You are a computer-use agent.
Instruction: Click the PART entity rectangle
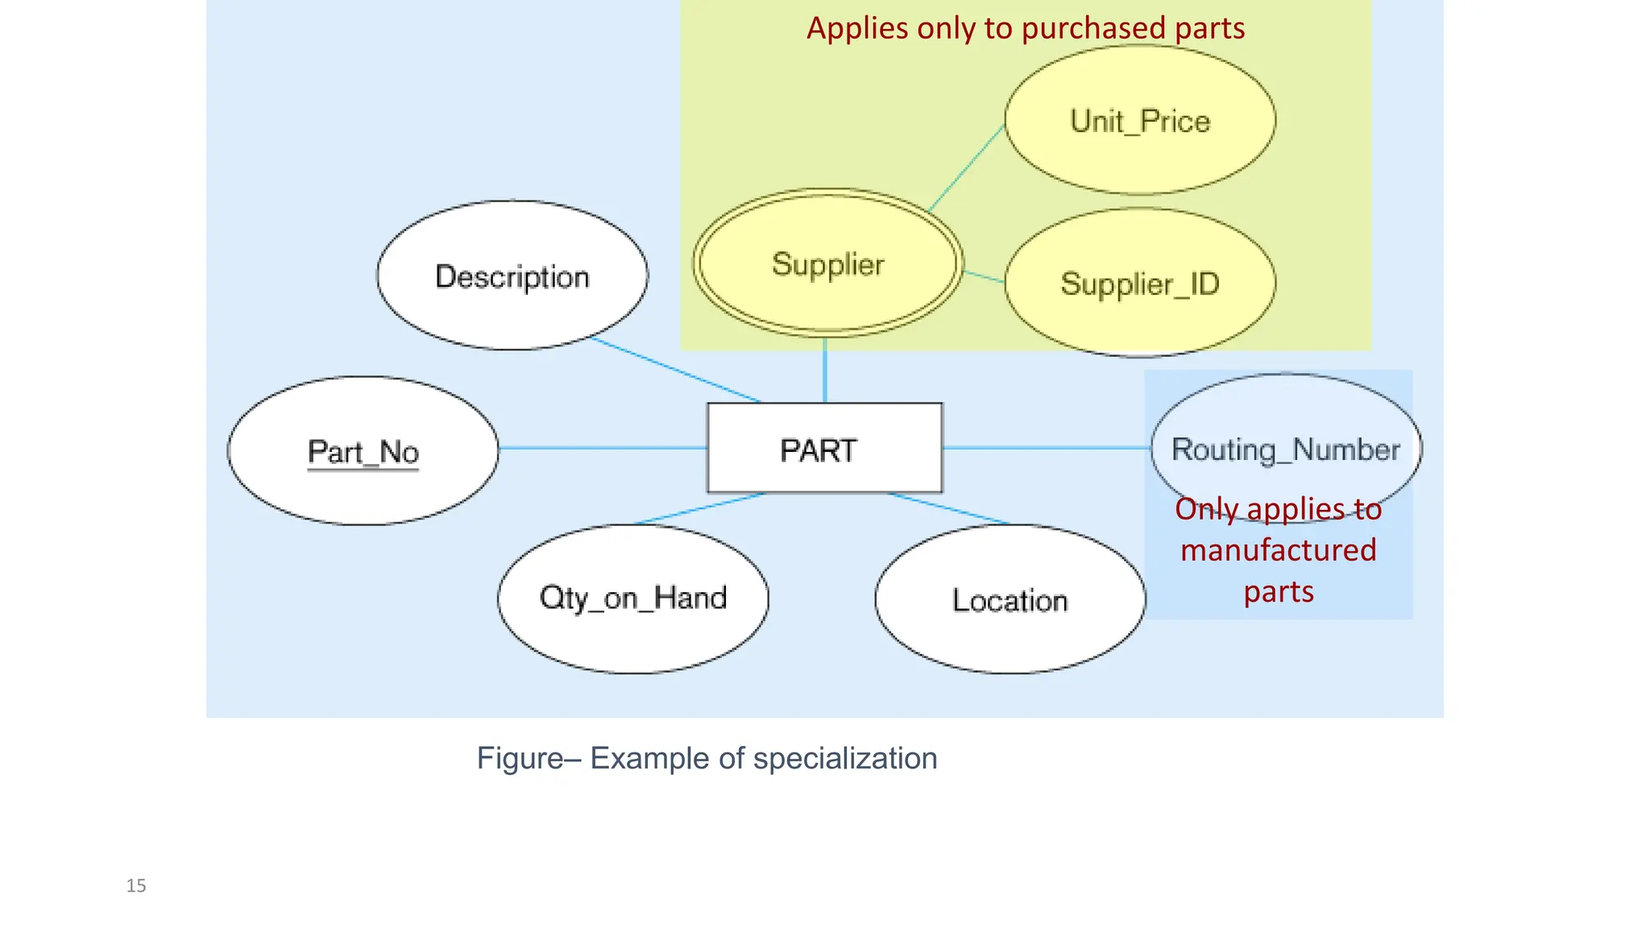coord(824,448)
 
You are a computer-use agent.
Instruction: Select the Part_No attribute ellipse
coord(363,451)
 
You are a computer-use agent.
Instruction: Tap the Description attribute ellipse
coord(512,275)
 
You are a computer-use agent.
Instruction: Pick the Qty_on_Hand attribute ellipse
coord(633,599)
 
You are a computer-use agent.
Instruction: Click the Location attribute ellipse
coord(1009,600)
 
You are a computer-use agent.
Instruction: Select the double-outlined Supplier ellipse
coord(827,263)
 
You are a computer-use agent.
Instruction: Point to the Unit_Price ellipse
coord(1140,120)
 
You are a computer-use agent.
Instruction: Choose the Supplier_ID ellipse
coord(1140,283)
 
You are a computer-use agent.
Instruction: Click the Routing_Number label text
coord(1285,449)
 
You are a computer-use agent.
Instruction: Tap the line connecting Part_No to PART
coord(603,448)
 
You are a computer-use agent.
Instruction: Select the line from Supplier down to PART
coord(824,371)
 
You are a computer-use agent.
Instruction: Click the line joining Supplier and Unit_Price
coord(966,168)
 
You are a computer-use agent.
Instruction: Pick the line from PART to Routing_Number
coord(1046,448)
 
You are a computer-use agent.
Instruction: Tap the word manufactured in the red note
coord(1278,550)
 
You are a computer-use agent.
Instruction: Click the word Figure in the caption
coord(520,758)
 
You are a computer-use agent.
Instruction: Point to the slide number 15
coord(136,886)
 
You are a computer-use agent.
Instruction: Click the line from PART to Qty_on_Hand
coord(699,508)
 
